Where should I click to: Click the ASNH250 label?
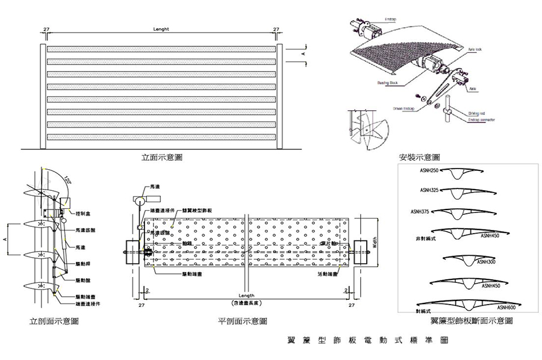[428, 172]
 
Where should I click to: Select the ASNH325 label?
[428, 191]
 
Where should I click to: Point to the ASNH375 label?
[420, 211]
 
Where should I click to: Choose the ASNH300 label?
[487, 262]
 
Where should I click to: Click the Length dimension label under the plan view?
[246, 296]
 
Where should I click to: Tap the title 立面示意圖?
[161, 157]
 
